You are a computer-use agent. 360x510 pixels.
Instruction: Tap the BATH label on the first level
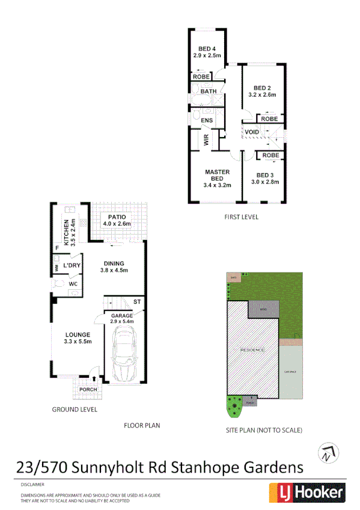209,91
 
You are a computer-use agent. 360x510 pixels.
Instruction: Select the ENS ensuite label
207,121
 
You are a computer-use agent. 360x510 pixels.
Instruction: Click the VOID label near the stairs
252,132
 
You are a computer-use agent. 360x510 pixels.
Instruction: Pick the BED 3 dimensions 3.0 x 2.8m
265,182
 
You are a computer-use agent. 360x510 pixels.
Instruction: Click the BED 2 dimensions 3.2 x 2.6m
262,94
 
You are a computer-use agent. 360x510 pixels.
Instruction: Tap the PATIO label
117,217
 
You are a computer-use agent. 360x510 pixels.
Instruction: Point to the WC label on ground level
73,283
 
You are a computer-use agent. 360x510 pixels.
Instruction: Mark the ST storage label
137,301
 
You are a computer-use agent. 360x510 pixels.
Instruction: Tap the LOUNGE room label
78,335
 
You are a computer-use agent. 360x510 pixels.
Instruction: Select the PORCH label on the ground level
88,389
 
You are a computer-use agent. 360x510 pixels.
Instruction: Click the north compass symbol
328,452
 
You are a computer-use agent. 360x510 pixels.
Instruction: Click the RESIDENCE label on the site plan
252,349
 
